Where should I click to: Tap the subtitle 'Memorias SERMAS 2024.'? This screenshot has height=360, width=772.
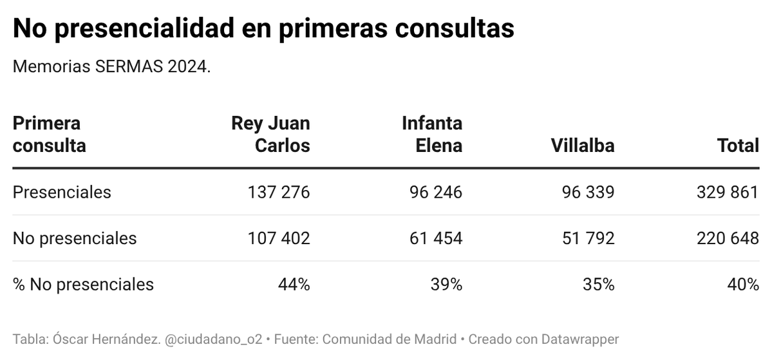pyautogui.click(x=111, y=67)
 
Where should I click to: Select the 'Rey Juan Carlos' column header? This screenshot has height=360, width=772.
pyautogui.click(x=270, y=134)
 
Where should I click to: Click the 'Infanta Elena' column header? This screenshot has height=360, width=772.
pyautogui.click(x=431, y=134)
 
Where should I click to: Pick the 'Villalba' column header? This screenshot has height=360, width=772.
pyautogui.click(x=582, y=146)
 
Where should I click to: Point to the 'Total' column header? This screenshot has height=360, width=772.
pyautogui.click(x=738, y=146)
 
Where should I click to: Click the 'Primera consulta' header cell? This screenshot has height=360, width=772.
pyautogui.click(x=50, y=134)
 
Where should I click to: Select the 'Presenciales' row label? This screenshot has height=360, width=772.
pyautogui.click(x=62, y=192)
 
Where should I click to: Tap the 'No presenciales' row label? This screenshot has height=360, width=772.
pyautogui.click(x=75, y=238)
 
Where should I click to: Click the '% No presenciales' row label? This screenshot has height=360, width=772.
pyautogui.click(x=83, y=284)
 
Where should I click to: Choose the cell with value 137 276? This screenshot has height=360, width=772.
pyautogui.click(x=279, y=192)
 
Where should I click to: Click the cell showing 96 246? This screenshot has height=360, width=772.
pyautogui.click(x=436, y=192)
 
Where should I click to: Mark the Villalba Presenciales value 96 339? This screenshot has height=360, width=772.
pyautogui.click(x=588, y=192)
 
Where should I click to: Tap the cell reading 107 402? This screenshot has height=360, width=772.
pyautogui.click(x=279, y=238)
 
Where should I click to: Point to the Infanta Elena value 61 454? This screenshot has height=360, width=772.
pyautogui.click(x=436, y=238)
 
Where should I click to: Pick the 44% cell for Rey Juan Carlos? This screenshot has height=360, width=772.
pyautogui.click(x=294, y=284)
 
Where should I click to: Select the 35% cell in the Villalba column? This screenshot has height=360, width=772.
pyautogui.click(x=599, y=284)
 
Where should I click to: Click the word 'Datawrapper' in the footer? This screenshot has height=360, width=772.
pyautogui.click(x=581, y=339)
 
